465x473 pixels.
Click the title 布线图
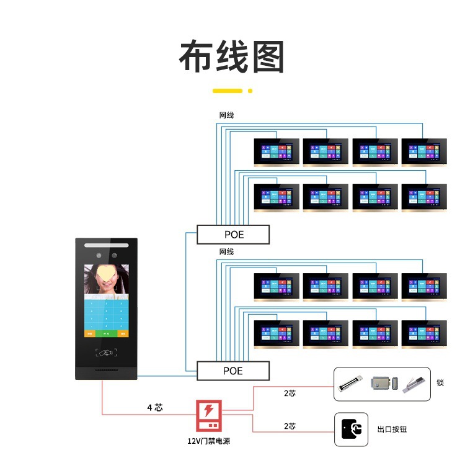tap(232, 58)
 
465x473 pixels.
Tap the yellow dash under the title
tap(227, 91)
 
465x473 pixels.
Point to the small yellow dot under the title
tap(250, 91)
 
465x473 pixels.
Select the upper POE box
tap(233, 235)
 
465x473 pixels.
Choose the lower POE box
tap(233, 371)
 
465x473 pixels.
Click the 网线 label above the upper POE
tap(226, 115)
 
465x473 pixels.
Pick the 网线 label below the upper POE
tap(226, 252)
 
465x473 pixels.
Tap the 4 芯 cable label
tap(154, 408)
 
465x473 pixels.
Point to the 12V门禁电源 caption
tap(210, 441)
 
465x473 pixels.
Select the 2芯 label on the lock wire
tap(290, 393)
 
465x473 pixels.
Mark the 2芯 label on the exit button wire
tap(290, 426)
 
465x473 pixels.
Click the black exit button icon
tap(351, 429)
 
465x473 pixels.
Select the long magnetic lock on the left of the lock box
tap(350, 384)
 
